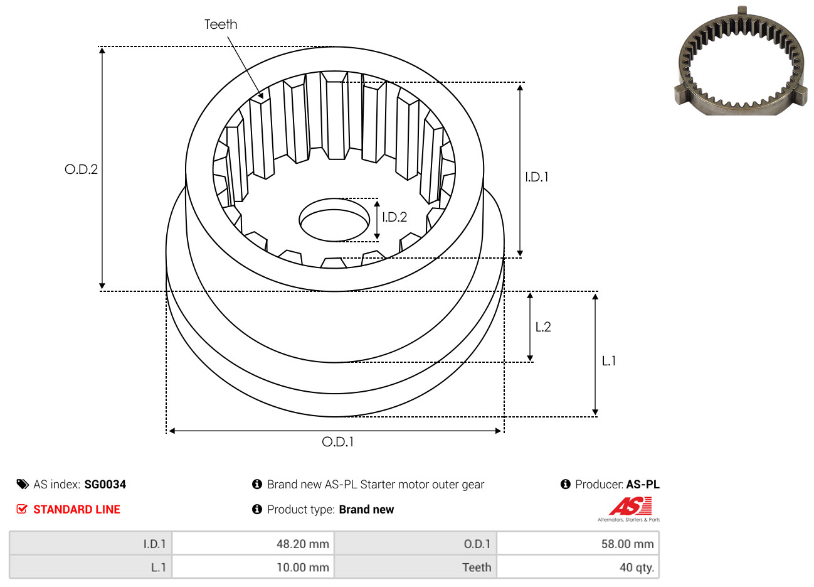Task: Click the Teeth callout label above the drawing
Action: pyautogui.click(x=221, y=24)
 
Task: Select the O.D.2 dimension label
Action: pyautogui.click(x=81, y=170)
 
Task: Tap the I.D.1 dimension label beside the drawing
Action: pyautogui.click(x=537, y=177)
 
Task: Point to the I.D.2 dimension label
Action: pyautogui.click(x=394, y=217)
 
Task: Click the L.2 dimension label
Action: pyautogui.click(x=543, y=327)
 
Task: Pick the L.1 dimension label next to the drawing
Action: pyautogui.click(x=609, y=361)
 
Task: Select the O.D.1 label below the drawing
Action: pyautogui.click(x=337, y=442)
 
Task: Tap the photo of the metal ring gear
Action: pyautogui.click(x=741, y=63)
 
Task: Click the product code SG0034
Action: pyautogui.click(x=105, y=485)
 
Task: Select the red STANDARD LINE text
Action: pyautogui.click(x=77, y=510)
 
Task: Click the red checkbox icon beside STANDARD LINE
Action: pyautogui.click(x=22, y=509)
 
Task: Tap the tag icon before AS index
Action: pyautogui.click(x=23, y=484)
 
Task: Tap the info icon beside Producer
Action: pyautogui.click(x=565, y=484)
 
